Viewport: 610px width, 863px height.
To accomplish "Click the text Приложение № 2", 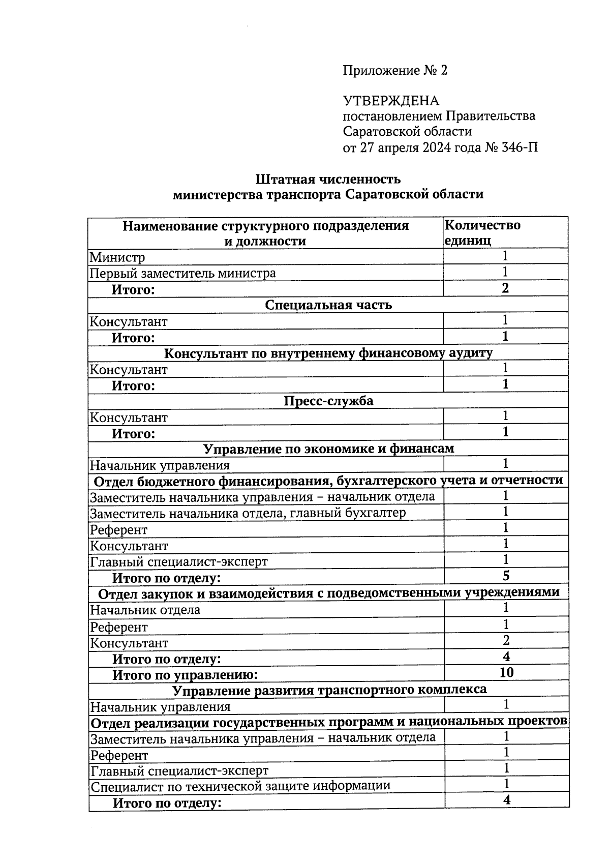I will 395,71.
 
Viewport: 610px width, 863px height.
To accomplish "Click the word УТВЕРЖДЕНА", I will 391,101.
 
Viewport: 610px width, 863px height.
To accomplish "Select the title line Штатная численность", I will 328,179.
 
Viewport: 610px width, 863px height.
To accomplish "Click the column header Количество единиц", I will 482,232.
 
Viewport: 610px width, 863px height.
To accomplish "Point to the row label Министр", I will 117,257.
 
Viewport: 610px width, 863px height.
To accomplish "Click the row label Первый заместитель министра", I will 183,273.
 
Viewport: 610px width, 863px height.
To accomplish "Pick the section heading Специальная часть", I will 328,305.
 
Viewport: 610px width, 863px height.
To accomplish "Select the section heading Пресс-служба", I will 328,401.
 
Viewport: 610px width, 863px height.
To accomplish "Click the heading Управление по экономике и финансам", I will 328,449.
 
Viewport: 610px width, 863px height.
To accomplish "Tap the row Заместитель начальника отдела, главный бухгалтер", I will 248,513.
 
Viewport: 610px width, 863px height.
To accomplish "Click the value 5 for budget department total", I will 506,576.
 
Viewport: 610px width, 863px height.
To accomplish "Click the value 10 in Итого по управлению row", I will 506,672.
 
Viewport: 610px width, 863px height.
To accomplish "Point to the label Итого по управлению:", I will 185,675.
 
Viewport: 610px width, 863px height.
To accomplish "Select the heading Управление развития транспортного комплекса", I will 329,690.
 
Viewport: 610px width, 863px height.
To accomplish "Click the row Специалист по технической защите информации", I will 240,785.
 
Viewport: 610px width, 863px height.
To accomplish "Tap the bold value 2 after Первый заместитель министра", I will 505,288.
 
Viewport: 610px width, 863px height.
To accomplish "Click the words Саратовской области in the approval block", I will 407,132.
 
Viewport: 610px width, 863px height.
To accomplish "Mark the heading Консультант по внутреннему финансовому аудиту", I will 328,353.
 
